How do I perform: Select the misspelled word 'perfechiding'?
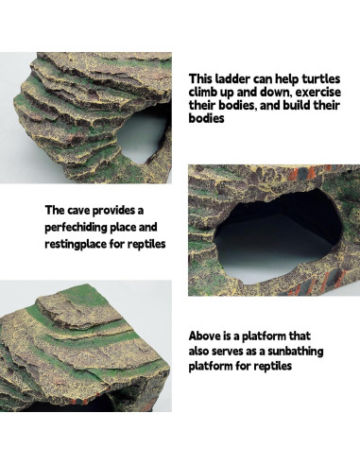click(x=84, y=227)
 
